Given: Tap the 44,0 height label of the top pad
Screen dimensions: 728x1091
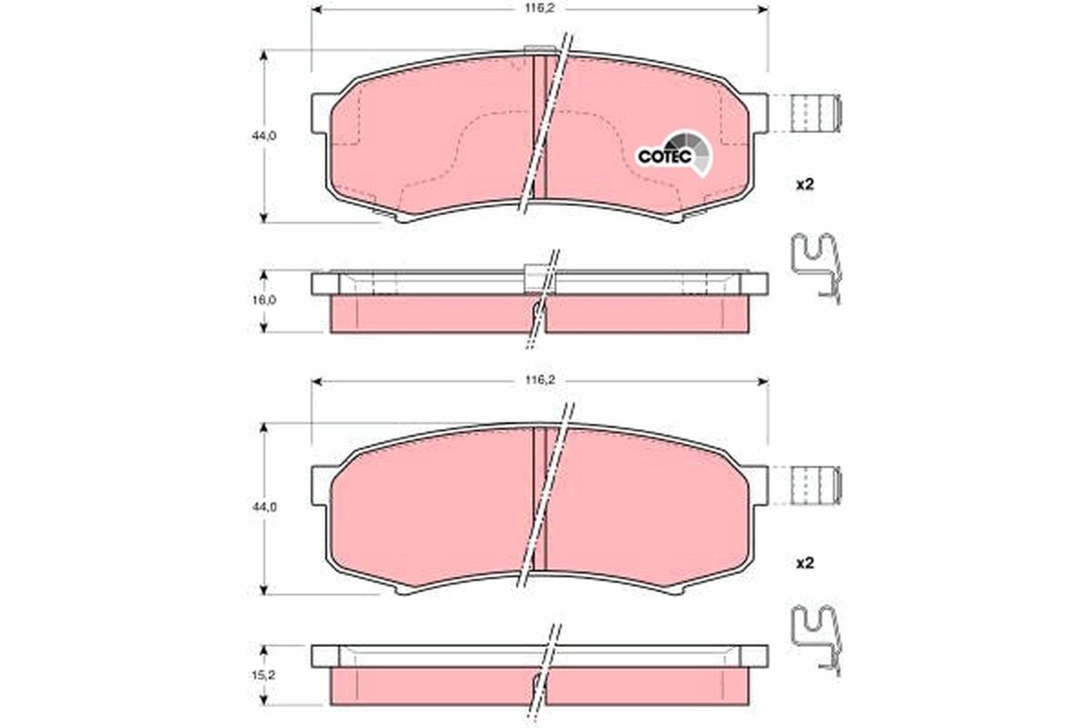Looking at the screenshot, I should point(265,135).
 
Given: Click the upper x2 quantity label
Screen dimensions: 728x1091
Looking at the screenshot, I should point(804,184).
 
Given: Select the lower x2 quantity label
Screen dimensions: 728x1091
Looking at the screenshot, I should point(804,563).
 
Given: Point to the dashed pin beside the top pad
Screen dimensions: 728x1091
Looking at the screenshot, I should point(814,114).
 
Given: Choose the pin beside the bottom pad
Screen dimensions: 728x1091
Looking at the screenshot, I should point(814,485).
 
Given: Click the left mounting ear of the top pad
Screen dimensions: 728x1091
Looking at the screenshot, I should point(320,113).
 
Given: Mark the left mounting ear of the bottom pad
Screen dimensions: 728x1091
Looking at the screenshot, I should point(320,484).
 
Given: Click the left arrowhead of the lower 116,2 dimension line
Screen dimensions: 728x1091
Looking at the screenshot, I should point(317,381).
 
